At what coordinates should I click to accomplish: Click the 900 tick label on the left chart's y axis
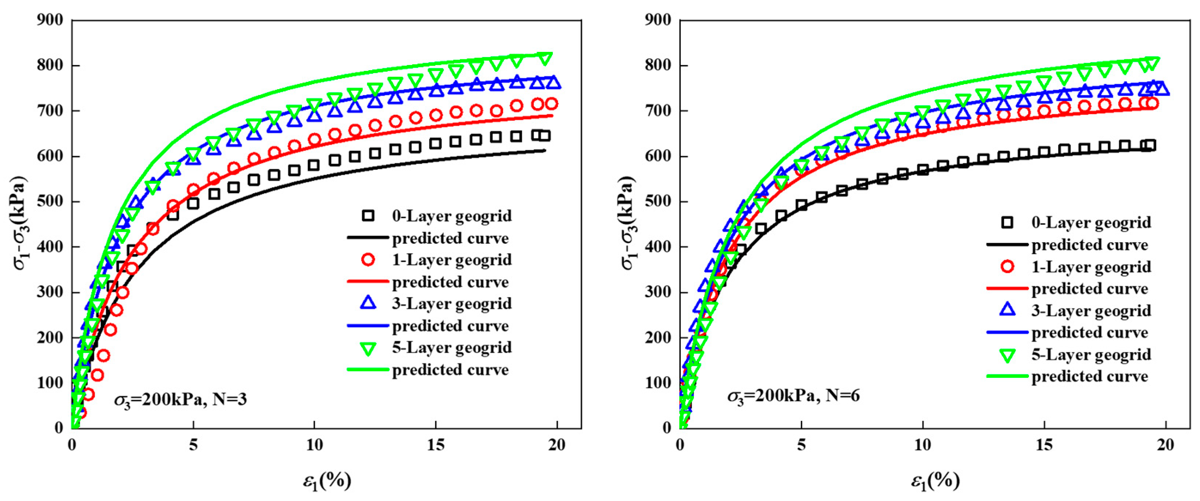tap(50, 20)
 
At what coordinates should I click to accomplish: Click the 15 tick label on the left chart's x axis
tap(435, 445)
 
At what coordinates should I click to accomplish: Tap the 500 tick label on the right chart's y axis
tap(658, 202)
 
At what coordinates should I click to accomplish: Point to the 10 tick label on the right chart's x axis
tap(922, 445)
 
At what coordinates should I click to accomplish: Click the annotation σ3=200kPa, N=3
tap(180, 399)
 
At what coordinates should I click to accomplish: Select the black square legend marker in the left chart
tap(368, 216)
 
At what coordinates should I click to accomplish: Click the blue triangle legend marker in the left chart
tap(368, 303)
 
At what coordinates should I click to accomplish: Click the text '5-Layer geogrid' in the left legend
tap(452, 348)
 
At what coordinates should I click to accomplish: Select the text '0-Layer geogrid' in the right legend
tap(1091, 223)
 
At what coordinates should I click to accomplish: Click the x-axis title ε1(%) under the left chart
tap(327, 481)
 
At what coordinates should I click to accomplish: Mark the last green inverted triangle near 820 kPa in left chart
tap(544, 58)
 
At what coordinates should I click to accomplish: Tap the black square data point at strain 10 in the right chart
tap(922, 170)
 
